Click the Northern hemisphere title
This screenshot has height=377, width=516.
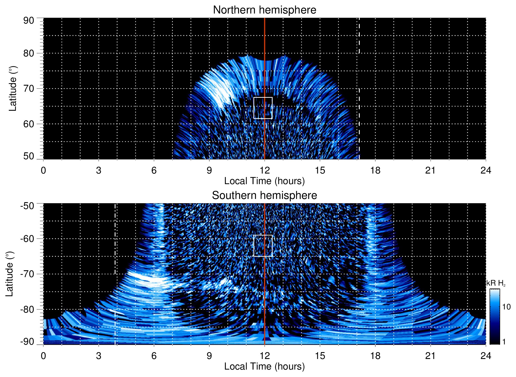264,10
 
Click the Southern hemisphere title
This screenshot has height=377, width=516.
264,196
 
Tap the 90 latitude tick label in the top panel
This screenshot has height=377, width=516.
29,21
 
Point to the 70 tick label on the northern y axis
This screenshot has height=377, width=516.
29,88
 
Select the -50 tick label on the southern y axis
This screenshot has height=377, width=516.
27,206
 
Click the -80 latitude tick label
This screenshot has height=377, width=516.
27,309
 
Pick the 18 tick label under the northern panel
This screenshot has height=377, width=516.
375,170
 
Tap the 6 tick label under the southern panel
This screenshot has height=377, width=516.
154,356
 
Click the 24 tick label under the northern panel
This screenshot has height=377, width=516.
486,170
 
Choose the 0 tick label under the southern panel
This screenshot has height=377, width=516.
43,356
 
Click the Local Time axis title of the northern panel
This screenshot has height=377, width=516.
264,181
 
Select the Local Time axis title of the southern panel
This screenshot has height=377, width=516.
264,367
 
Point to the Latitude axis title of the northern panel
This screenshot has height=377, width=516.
12,88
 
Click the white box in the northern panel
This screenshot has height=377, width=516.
263,108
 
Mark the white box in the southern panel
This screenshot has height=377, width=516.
263,246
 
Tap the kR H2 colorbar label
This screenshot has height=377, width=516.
496,283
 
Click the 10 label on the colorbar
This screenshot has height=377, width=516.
506,307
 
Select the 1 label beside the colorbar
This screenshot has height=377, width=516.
504,341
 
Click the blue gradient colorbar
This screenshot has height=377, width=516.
495,317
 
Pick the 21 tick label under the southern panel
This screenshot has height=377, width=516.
430,356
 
